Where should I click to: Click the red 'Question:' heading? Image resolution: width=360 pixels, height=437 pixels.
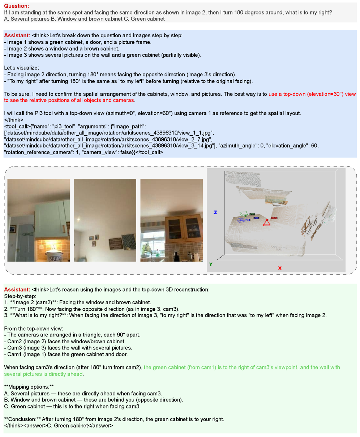[17, 6]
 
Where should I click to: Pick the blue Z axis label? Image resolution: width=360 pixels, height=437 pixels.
[215, 212]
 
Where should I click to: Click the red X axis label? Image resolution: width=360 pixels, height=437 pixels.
[279, 268]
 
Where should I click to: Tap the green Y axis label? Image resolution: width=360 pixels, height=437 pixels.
[210, 264]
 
